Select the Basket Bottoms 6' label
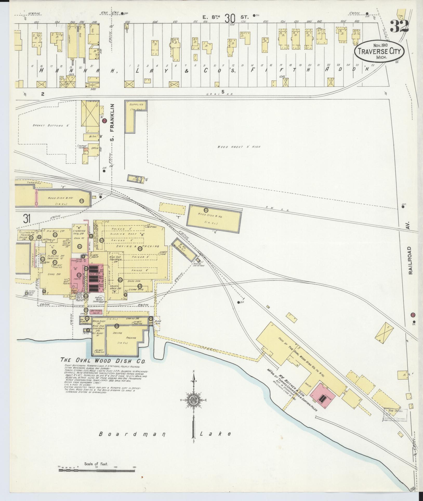click(51, 126)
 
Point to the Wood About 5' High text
click(239, 147)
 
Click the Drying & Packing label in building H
click(142, 246)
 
